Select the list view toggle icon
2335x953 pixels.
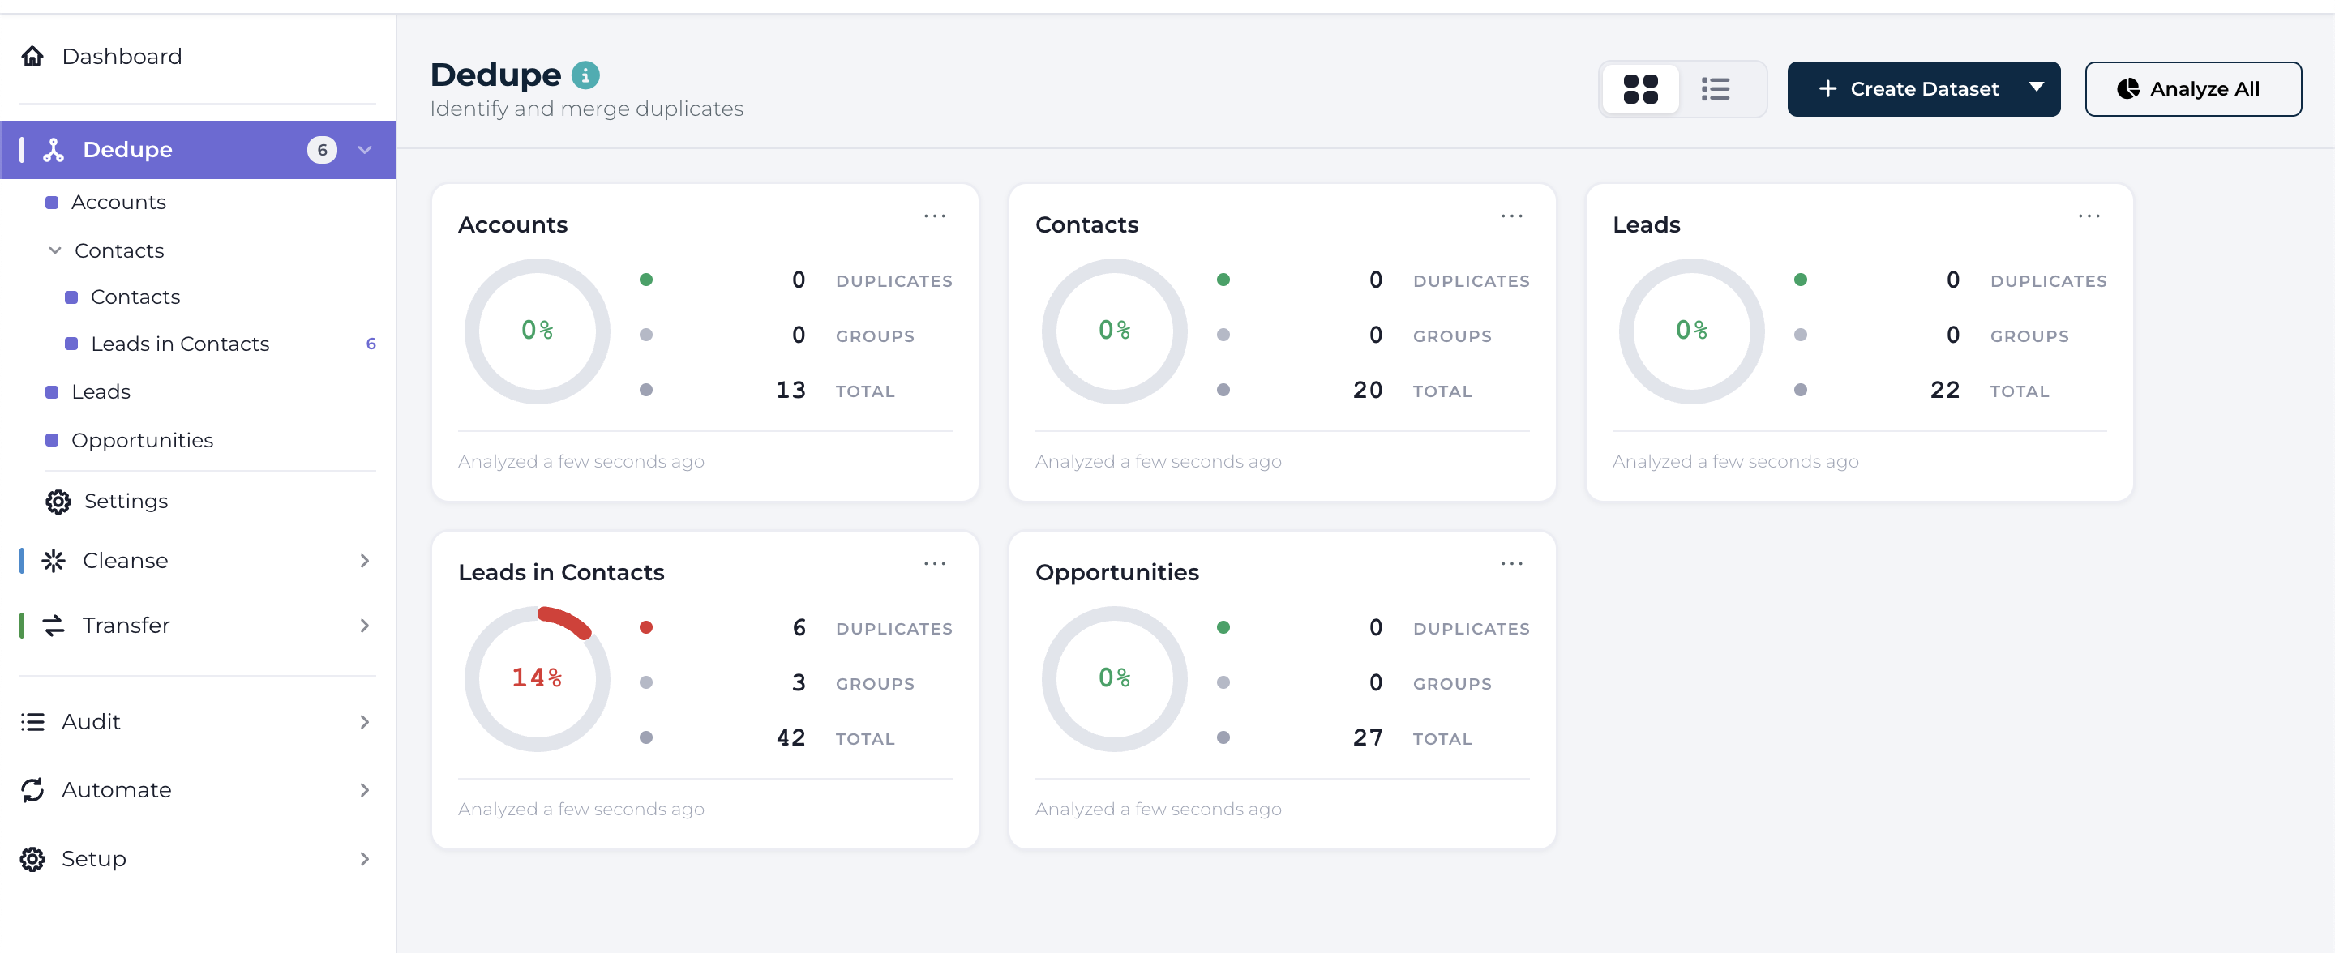(x=1715, y=89)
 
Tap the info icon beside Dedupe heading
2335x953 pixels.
(x=585, y=75)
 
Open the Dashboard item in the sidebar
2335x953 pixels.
(x=122, y=56)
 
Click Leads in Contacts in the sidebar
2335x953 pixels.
(x=180, y=344)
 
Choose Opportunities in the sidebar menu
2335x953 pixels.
(x=143, y=440)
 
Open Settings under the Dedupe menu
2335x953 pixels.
(x=126, y=501)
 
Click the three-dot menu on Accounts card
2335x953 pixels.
(x=935, y=216)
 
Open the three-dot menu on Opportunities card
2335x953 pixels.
(x=1512, y=563)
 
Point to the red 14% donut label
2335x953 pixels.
(x=538, y=677)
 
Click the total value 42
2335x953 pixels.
(x=791, y=738)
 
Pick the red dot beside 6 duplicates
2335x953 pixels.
(x=646, y=628)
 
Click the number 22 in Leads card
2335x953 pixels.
(x=1945, y=391)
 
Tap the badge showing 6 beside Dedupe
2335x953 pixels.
(x=322, y=149)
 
